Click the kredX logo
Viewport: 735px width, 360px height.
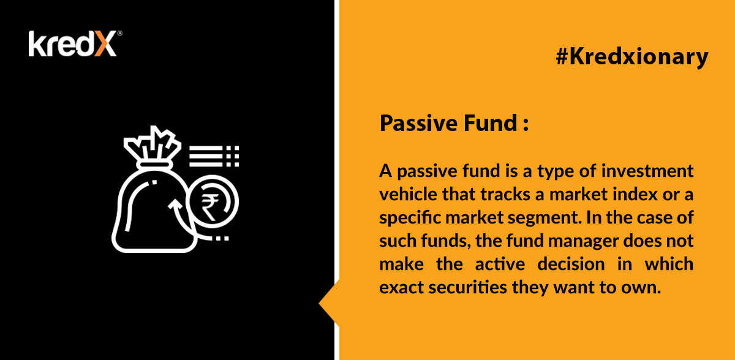(x=75, y=43)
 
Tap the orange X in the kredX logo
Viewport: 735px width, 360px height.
(x=105, y=43)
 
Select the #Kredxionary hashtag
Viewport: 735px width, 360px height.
(x=632, y=57)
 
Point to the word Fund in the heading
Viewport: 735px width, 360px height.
(x=491, y=123)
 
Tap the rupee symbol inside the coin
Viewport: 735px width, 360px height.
(x=210, y=207)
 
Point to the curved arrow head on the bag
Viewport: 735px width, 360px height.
(x=175, y=204)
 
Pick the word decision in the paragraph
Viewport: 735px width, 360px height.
(x=571, y=264)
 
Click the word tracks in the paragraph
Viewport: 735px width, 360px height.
(x=505, y=194)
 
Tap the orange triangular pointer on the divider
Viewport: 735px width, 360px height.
(x=329, y=303)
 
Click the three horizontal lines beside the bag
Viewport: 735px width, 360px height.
(x=206, y=156)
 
